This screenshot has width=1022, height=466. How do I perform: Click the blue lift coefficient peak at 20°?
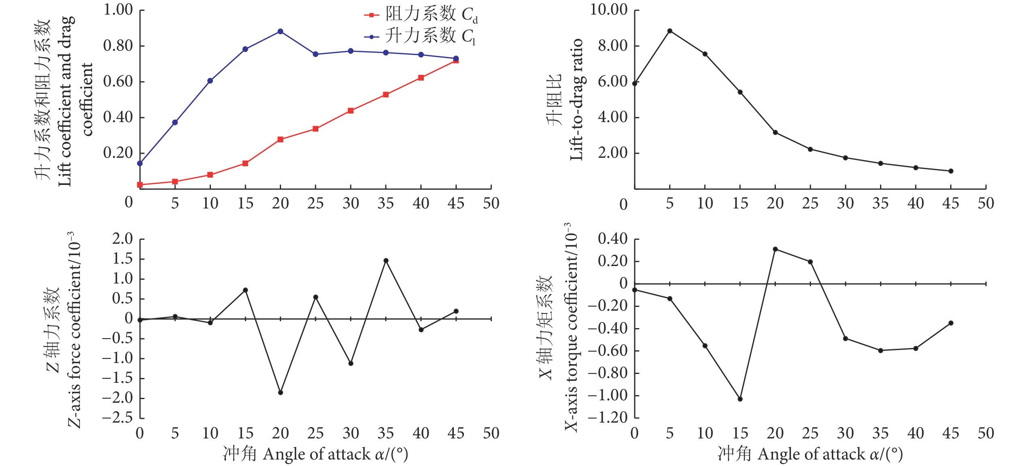pyautogui.click(x=280, y=32)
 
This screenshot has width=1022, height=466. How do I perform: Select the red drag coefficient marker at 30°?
pyautogui.click(x=351, y=111)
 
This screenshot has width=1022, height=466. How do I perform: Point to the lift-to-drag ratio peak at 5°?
pyautogui.click(x=670, y=31)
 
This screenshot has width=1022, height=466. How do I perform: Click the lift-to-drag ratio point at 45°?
pyautogui.click(x=951, y=171)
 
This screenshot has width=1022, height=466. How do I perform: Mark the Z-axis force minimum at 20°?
pyautogui.click(x=280, y=393)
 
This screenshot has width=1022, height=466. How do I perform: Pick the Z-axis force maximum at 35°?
pyautogui.click(x=386, y=261)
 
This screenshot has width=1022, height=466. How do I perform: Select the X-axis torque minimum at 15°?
pyautogui.click(x=740, y=399)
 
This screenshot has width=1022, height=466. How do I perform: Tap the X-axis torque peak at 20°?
pyautogui.click(x=775, y=249)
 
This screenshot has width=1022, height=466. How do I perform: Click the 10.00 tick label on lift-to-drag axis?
pyautogui.click(x=608, y=9)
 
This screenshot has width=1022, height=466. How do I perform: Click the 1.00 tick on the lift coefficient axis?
pyautogui.click(x=118, y=9)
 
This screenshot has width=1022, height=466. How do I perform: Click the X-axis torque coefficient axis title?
pyautogui.click(x=571, y=327)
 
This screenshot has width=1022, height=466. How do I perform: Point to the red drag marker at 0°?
pyautogui.click(x=140, y=185)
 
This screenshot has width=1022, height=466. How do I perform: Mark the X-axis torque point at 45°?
pyautogui.click(x=951, y=323)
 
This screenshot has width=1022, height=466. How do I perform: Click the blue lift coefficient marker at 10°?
pyautogui.click(x=210, y=81)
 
